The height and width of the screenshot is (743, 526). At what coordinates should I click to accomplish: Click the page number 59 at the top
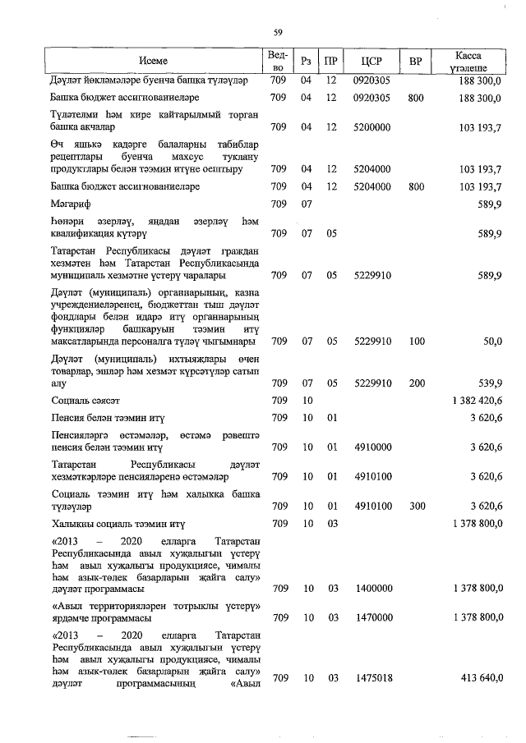(278, 32)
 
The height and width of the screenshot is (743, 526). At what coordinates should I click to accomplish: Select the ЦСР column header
(370, 61)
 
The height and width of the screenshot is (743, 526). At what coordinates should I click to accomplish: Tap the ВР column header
(416, 61)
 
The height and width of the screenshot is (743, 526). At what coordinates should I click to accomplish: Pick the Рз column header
(306, 61)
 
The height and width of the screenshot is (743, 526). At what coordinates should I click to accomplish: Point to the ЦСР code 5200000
(371, 127)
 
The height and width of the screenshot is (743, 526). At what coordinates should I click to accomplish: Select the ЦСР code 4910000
(371, 447)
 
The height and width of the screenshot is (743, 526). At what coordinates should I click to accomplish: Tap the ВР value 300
(416, 506)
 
